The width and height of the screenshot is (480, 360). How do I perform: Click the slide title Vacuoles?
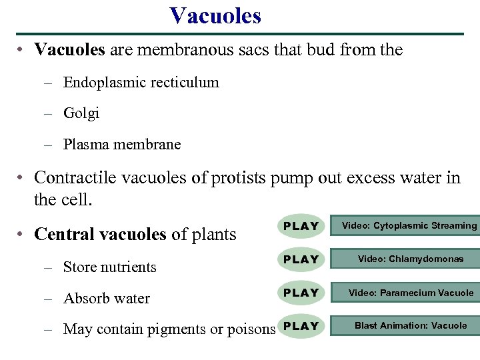point(215,15)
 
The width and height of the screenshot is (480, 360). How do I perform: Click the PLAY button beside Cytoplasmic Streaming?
point(301,226)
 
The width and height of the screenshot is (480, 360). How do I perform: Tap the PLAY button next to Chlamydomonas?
point(301,259)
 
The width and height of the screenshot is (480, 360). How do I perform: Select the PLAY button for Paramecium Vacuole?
point(301,293)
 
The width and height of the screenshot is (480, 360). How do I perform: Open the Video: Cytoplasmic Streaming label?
point(409,226)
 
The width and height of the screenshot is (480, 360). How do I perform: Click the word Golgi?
point(81,113)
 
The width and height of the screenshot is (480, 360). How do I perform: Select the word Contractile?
point(74,178)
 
